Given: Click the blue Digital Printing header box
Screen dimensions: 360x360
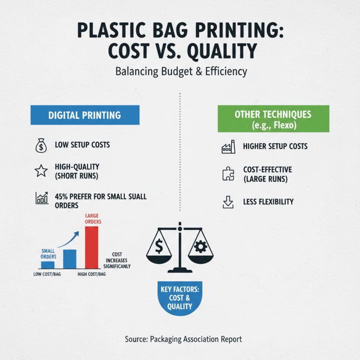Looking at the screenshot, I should click(x=85, y=115).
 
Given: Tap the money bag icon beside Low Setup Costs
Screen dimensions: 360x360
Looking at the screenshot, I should click(x=41, y=146).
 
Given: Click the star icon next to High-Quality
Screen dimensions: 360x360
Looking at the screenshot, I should click(x=41, y=171).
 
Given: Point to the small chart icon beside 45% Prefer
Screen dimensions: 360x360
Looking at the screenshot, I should click(x=41, y=198).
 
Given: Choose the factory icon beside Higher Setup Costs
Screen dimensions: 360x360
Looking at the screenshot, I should click(x=229, y=147).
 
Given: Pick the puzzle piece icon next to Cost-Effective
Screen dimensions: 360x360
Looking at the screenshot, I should click(x=229, y=174).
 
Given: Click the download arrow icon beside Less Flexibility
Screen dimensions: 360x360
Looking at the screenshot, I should click(x=229, y=202).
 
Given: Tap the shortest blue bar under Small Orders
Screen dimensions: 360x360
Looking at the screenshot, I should click(x=48, y=265).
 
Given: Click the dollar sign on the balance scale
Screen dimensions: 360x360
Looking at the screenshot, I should click(x=159, y=246).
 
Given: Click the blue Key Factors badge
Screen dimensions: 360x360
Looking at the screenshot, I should click(x=180, y=297).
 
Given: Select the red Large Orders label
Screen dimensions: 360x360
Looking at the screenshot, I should click(x=93, y=219).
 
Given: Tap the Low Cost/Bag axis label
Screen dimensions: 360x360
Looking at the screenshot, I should click(x=47, y=274).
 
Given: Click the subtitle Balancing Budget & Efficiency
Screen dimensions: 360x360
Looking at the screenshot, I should click(x=180, y=71).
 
